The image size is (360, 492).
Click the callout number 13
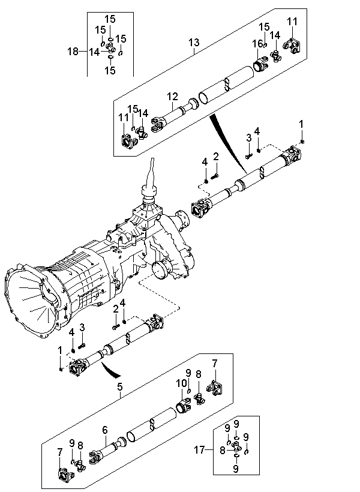(194, 42)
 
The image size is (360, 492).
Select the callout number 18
(73, 51)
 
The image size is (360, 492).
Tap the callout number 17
(199, 450)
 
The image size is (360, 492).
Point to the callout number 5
(120, 387)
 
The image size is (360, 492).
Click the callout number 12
(172, 97)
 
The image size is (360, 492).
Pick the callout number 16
(257, 44)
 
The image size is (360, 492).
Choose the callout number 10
(181, 383)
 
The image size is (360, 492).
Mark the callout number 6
(105, 430)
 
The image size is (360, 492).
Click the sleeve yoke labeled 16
(260, 64)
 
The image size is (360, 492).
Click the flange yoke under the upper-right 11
(293, 46)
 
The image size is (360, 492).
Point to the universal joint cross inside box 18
(110, 47)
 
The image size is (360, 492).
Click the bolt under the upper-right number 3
(248, 155)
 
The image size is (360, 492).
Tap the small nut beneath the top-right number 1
(302, 142)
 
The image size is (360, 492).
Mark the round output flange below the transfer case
(161, 269)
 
